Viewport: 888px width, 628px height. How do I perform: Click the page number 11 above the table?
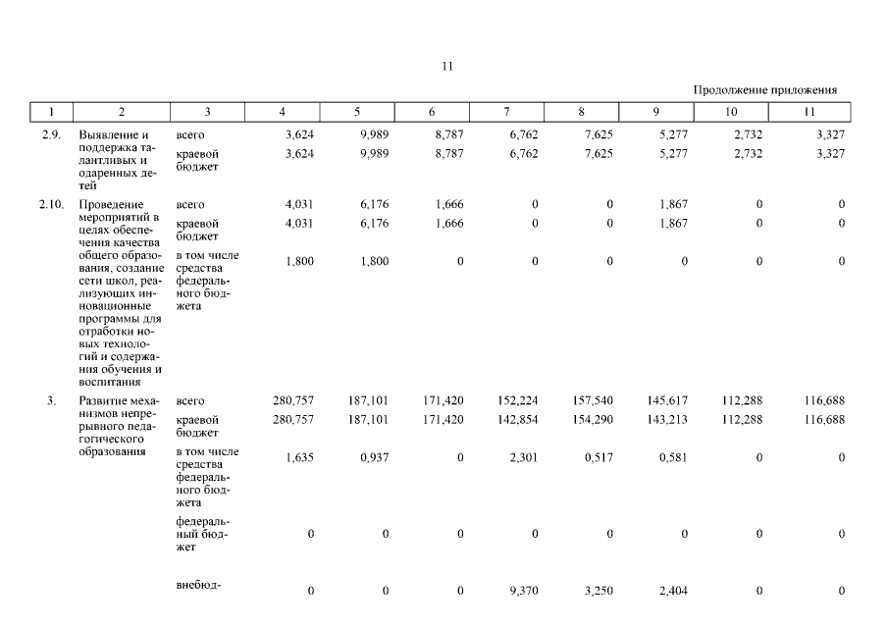446,67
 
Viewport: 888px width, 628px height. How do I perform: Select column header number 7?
506,112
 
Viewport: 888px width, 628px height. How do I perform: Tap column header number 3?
208,112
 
